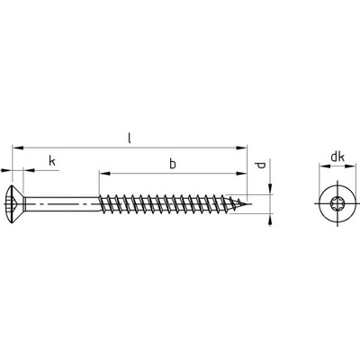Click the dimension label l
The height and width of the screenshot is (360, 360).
coord(130,138)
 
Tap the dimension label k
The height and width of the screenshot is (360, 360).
coord(52,161)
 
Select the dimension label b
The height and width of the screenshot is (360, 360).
coord(173,164)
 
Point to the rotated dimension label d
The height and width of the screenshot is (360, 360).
coord(261,165)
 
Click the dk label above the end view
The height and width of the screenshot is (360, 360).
coord(337,157)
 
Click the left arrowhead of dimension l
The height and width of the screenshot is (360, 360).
coord(17,148)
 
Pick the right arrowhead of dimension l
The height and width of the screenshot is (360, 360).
coord(241,148)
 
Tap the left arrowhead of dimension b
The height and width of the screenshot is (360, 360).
coord(103,173)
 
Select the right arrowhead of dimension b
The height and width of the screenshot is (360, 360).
coord(241,173)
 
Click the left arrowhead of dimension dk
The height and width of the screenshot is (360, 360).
coord(324,166)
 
